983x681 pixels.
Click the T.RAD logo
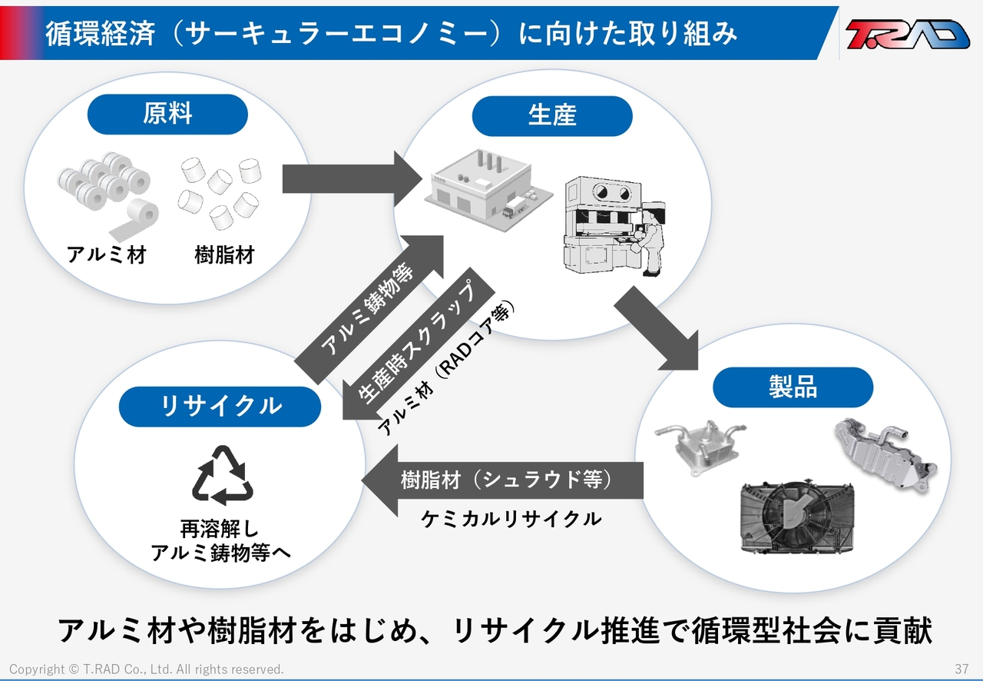coord(907,34)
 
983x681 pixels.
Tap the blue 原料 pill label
coord(167,115)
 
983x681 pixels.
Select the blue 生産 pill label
coord(552,116)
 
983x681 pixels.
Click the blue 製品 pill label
coord(793,387)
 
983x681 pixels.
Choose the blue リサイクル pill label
coord(220,407)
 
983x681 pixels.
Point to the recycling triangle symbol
coord(223,476)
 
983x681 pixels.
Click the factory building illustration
coord(488,190)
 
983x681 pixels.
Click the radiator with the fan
coord(797,517)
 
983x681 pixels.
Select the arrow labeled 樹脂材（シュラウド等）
coord(502,480)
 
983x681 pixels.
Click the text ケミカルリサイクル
coord(511,520)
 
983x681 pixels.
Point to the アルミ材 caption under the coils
coord(106,255)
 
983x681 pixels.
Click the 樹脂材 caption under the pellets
coord(225,255)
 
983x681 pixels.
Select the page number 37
coord(961,669)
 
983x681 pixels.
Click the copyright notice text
coord(147,669)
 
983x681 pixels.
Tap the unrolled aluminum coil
coord(134,219)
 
